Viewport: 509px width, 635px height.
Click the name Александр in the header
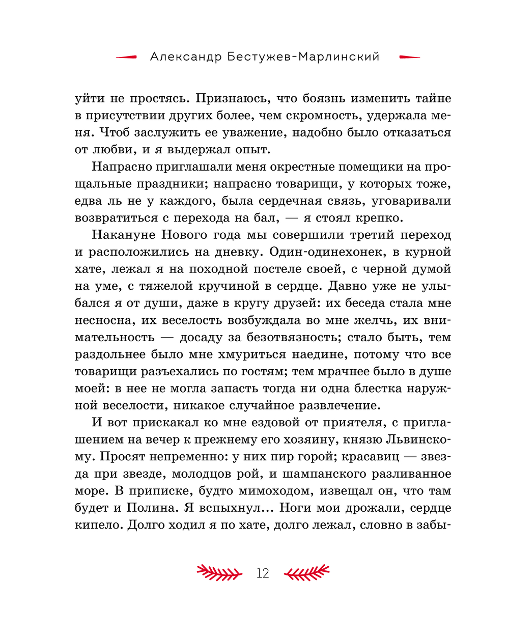[186, 57]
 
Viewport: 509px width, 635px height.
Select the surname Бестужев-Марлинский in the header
[303, 57]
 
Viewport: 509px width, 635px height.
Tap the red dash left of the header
[126, 57]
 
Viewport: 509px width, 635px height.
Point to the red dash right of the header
[410, 57]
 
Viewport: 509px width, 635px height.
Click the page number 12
[263, 573]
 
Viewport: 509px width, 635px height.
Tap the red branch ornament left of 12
[219, 573]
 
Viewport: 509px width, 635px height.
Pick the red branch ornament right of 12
[306, 573]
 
